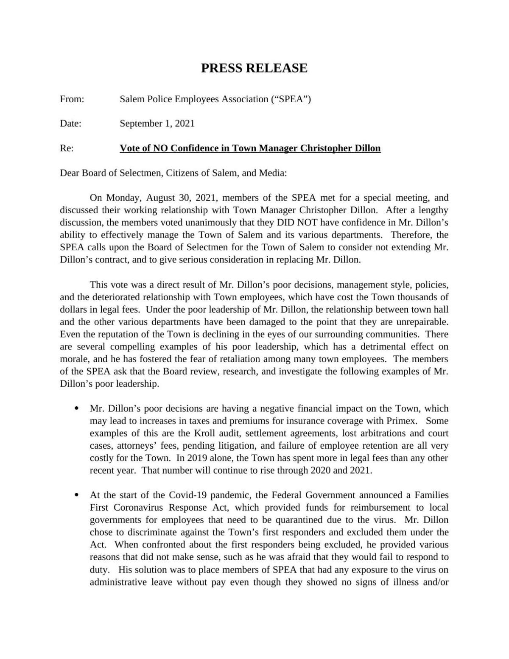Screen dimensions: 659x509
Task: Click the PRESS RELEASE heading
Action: tap(254, 68)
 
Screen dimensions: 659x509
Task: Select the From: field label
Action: tap(72, 99)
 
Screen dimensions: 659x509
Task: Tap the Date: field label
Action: tap(70, 124)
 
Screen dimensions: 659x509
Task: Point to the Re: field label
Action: tap(67, 148)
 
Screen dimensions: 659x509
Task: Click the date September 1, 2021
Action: tap(157, 124)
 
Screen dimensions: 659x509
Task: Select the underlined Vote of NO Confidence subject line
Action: tap(250, 148)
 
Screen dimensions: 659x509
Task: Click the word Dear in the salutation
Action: tap(70, 173)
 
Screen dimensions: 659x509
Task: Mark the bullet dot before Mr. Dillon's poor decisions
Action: tap(77, 409)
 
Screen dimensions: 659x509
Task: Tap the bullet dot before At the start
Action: tap(77, 495)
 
